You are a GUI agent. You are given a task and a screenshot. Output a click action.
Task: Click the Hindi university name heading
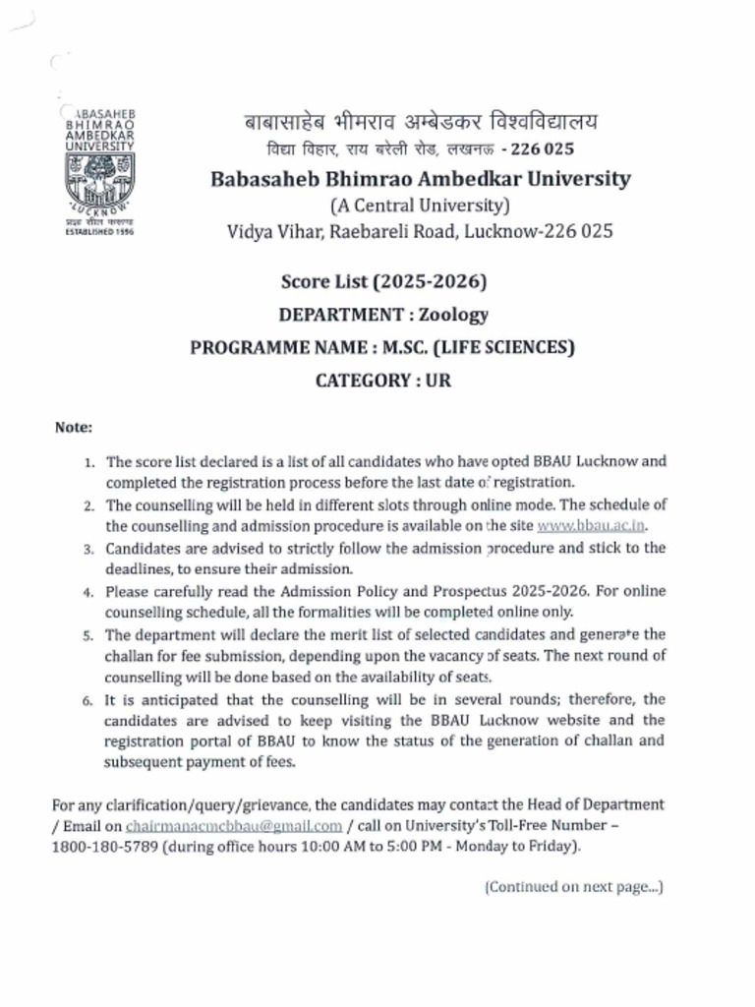point(420,123)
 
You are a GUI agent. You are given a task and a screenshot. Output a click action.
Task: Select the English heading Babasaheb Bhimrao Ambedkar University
point(420,179)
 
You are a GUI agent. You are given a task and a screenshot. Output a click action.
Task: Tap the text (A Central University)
point(420,206)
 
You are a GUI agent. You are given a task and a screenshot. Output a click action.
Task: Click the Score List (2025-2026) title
point(383,282)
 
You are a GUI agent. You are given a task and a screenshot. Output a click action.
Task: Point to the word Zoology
point(453,315)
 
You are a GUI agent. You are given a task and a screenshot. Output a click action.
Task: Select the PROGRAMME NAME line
point(382,347)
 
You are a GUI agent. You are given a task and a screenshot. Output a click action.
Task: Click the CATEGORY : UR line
point(383,380)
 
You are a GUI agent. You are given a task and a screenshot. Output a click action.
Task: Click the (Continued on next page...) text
point(573,887)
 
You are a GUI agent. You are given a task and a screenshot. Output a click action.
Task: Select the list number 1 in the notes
point(88,461)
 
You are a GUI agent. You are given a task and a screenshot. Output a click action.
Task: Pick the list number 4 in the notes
point(87,592)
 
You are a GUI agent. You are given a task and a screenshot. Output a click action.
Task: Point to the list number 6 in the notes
point(87,701)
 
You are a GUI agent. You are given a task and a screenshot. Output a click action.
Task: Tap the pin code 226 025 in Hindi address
point(543,149)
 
